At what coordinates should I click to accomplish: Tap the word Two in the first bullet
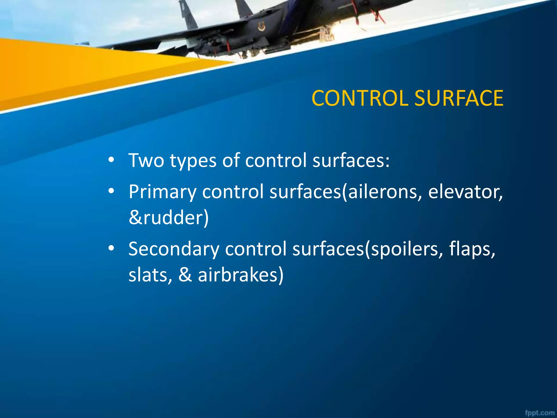[x=146, y=161]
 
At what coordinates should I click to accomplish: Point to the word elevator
[x=465, y=192]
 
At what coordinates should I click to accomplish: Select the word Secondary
[x=174, y=249]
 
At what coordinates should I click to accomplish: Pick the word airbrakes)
[x=240, y=275]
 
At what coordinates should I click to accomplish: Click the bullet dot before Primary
[x=111, y=192]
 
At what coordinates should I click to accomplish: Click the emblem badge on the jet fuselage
[x=262, y=27]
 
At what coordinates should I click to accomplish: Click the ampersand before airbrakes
[x=185, y=275]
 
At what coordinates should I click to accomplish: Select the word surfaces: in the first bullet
[x=351, y=161]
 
